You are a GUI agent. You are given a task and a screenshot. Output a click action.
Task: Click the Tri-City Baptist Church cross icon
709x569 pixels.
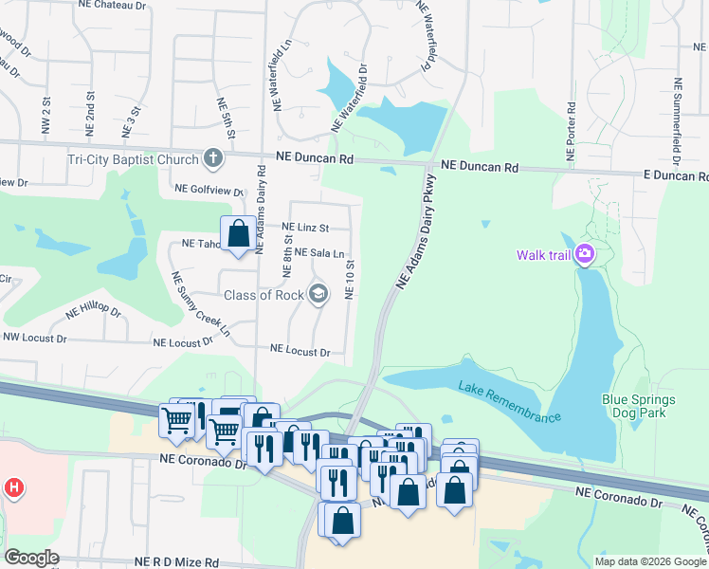214,159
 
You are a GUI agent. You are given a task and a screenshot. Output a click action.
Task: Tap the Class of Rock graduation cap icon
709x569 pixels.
318,294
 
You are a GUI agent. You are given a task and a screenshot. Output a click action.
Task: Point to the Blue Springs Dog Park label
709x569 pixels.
646,406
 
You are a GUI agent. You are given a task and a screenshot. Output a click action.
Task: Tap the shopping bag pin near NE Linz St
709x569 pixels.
238,233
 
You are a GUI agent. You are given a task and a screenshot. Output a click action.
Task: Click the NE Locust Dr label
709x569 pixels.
300,351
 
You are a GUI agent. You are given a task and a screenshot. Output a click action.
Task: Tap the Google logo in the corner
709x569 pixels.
31,558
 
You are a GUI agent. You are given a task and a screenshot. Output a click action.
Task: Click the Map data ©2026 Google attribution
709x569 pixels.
649,561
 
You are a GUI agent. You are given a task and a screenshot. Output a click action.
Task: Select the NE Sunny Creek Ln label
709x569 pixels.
200,303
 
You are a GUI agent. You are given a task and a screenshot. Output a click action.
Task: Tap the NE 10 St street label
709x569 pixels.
350,280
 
